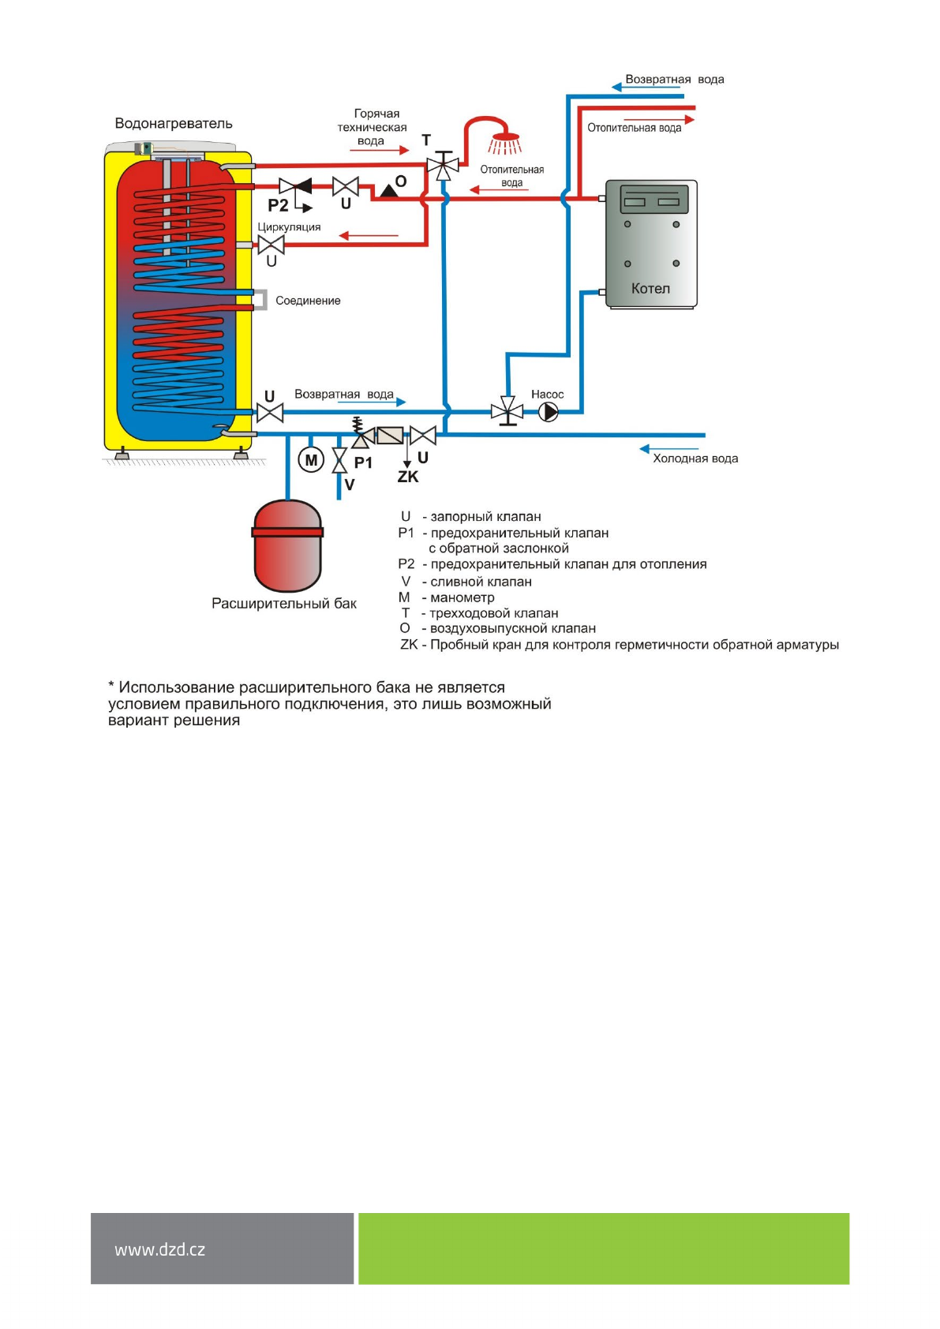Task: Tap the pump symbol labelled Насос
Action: [549, 411]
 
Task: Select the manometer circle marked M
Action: [311, 460]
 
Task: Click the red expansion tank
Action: [287, 546]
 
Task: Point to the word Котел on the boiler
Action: [650, 289]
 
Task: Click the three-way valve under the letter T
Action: [443, 167]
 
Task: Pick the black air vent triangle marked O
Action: [388, 190]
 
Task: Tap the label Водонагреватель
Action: [174, 123]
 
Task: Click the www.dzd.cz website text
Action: [159, 1249]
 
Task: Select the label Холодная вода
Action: [695, 459]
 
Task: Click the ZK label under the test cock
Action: [408, 477]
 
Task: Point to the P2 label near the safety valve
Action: [278, 206]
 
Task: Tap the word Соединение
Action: [308, 301]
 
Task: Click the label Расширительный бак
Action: [284, 604]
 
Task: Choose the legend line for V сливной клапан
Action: [466, 582]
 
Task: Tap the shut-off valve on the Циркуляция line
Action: [272, 245]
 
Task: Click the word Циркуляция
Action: [289, 227]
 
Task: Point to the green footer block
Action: [604, 1249]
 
